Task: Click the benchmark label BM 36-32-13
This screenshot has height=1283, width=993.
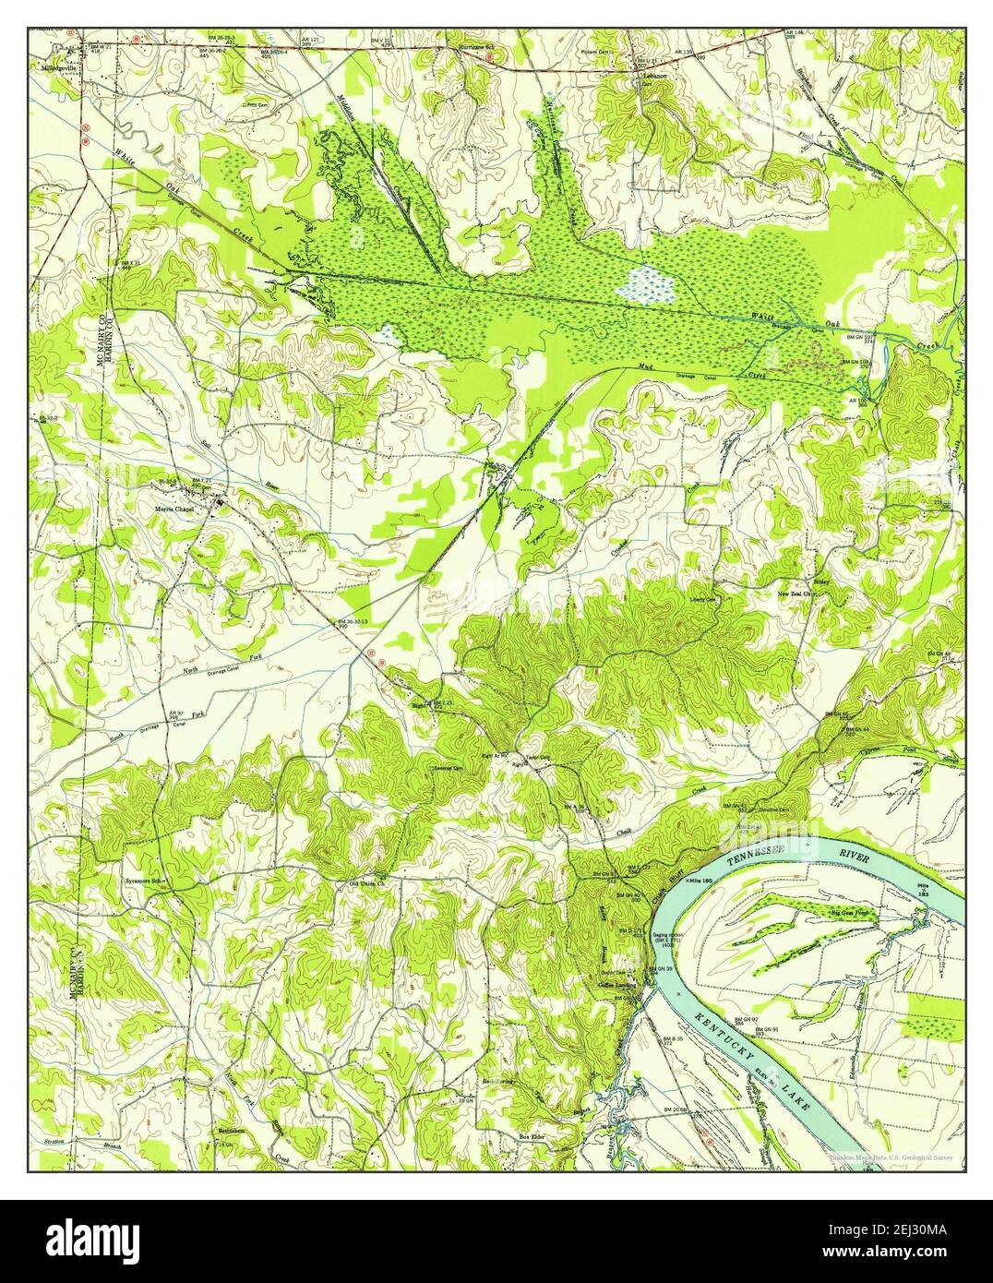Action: pyautogui.click(x=353, y=623)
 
